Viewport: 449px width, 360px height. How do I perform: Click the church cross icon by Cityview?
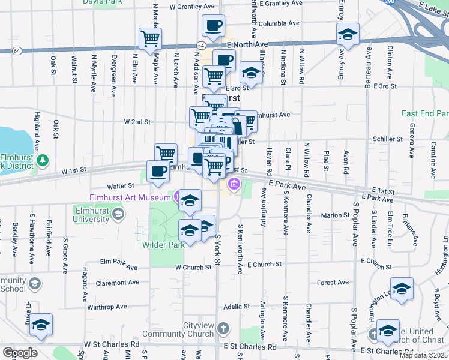pos(223,328)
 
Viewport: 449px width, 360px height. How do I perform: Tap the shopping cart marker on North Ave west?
pos(150,39)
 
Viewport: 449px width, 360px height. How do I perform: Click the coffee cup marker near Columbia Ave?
pos(213,25)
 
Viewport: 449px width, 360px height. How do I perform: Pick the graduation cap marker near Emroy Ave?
pos(347,34)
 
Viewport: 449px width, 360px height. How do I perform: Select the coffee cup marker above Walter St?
pos(158,170)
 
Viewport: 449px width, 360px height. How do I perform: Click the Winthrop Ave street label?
pos(107,307)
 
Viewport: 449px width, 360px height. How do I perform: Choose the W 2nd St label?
pos(137,122)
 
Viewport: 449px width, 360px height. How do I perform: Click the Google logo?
pos(20,352)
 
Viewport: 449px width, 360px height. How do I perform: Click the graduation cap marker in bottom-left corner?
pos(41,325)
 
